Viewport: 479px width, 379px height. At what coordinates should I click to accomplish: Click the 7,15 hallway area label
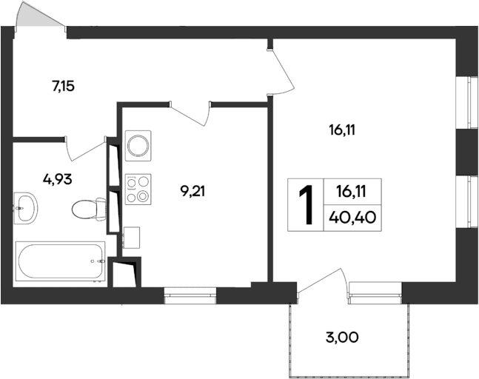(x=64, y=86)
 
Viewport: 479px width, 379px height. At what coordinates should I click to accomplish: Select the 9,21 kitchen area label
(x=192, y=190)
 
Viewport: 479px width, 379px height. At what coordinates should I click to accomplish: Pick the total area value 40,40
(x=353, y=218)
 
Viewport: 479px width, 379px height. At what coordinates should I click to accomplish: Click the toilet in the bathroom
(x=87, y=209)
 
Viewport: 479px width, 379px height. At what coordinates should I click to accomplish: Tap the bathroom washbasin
(x=27, y=205)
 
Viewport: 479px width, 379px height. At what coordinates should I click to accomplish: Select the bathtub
(x=60, y=261)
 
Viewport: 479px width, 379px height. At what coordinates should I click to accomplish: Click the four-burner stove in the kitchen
(x=138, y=188)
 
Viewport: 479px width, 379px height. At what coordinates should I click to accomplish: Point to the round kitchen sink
(x=138, y=144)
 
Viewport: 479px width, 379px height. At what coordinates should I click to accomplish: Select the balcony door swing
(x=324, y=285)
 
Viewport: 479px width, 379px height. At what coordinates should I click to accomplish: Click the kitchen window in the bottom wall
(x=190, y=296)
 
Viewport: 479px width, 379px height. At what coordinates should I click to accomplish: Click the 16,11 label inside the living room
(x=343, y=130)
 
